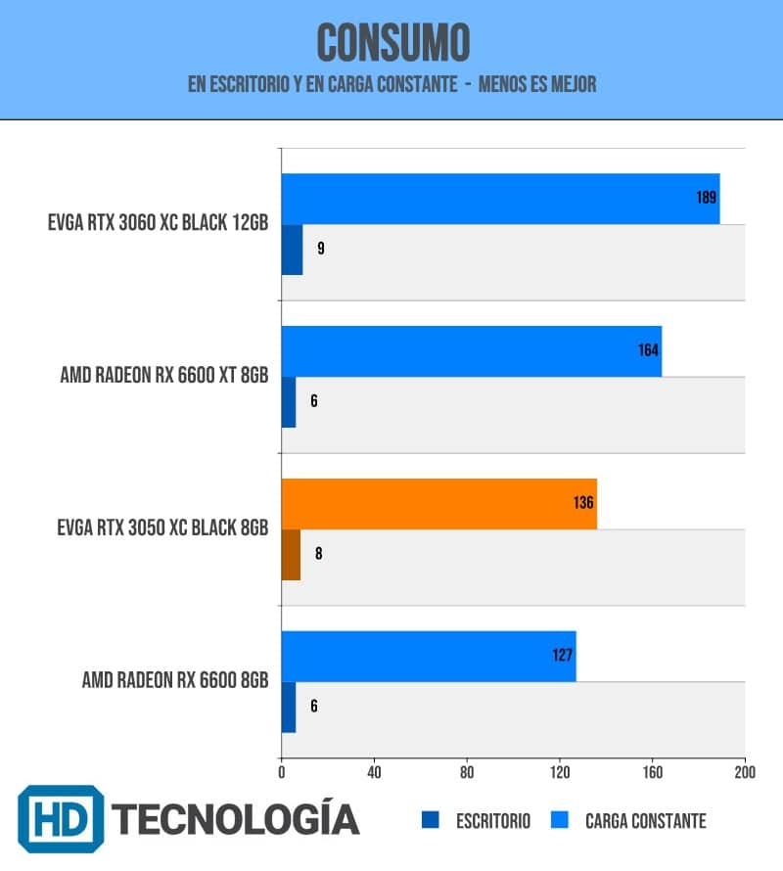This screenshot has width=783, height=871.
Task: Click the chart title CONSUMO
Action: [x=392, y=43]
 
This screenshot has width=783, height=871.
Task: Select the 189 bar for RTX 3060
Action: [x=500, y=199]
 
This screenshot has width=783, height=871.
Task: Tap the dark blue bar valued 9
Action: [x=293, y=250]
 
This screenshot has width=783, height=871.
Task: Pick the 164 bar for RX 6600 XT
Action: [x=471, y=351]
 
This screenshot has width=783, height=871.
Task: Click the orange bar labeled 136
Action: [x=439, y=504]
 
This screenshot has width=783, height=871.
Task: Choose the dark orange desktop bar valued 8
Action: [x=292, y=554]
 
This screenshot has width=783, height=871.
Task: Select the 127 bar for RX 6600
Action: [x=429, y=656]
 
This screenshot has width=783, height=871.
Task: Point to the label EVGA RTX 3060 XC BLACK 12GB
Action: [x=158, y=223]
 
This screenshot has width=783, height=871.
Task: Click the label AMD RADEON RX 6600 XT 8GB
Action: [x=164, y=375]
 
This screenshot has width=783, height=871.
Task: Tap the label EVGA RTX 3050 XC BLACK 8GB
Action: [x=162, y=527]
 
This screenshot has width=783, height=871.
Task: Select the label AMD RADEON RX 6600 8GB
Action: [x=175, y=680]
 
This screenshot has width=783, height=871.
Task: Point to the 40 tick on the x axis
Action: [x=374, y=772]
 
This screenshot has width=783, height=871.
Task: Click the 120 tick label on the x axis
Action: [x=560, y=772]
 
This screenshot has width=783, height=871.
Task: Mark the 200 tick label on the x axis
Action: [x=745, y=772]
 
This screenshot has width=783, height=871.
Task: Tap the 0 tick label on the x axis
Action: [x=282, y=772]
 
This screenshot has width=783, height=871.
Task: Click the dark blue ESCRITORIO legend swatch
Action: [x=430, y=820]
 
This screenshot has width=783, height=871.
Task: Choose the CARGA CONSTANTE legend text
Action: [x=646, y=821]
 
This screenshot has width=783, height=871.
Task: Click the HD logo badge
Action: [x=61, y=819]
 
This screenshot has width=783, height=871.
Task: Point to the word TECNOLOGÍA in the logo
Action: [x=236, y=818]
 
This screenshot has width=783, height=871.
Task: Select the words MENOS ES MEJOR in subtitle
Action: [x=537, y=84]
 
